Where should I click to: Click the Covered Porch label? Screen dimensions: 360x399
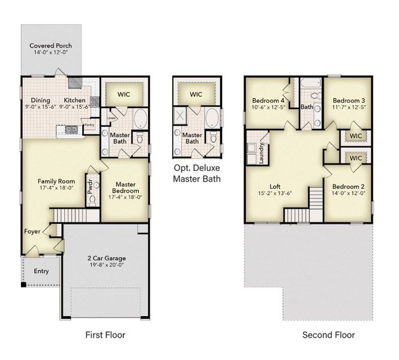pyautogui.click(x=51, y=46)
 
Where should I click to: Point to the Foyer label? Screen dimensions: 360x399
pyautogui.click(x=32, y=231)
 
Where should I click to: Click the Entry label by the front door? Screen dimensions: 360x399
pyautogui.click(x=41, y=271)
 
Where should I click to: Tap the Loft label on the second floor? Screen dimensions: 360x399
pyautogui.click(x=275, y=187)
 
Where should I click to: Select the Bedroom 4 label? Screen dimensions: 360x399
pyautogui.click(x=268, y=100)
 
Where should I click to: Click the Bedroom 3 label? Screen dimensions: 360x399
pyautogui.click(x=349, y=100)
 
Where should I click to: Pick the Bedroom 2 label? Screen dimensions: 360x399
pyautogui.click(x=349, y=187)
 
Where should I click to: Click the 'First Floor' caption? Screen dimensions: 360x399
pyautogui.click(x=106, y=334)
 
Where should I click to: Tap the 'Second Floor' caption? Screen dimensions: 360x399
pyautogui.click(x=328, y=334)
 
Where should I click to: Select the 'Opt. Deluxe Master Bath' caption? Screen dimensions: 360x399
pyautogui.click(x=196, y=173)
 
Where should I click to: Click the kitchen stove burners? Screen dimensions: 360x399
pyautogui.click(x=95, y=101)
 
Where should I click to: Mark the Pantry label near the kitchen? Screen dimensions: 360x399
pyautogui.click(x=89, y=125)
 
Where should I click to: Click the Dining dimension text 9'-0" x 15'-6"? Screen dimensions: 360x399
pyautogui.click(x=41, y=106)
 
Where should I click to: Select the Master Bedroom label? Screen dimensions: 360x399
pyautogui.click(x=124, y=188)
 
